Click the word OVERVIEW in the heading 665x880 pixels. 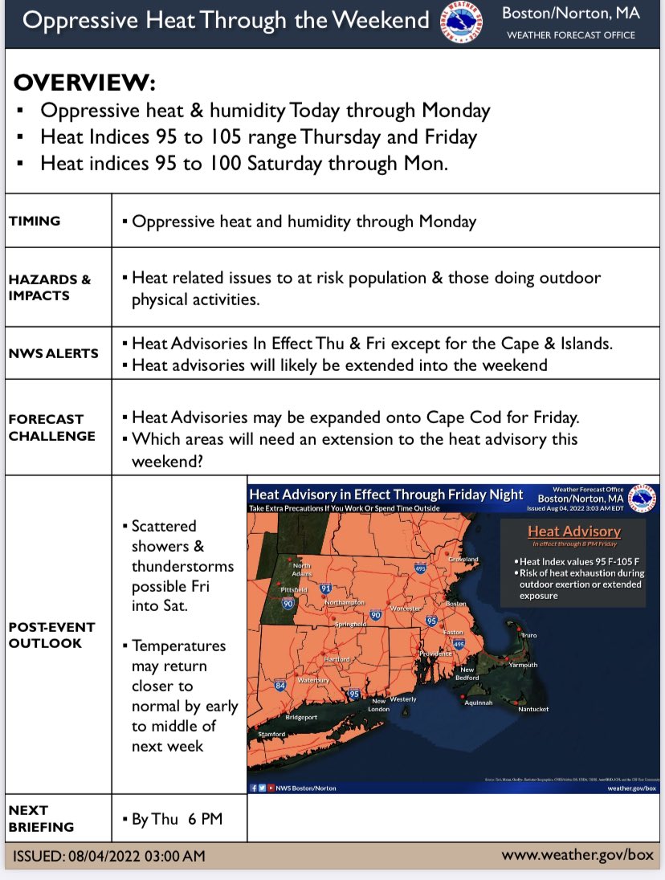click(84, 84)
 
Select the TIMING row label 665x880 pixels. click(35, 221)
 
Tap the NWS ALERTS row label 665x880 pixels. click(54, 352)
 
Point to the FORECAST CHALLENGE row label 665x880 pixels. click(52, 427)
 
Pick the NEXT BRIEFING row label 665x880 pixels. click(41, 818)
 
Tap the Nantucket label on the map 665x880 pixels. click(533, 709)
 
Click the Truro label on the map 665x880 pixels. click(528, 635)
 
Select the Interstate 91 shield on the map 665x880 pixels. click(326, 588)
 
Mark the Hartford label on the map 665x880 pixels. click(337, 659)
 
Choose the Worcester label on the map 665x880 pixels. click(406, 609)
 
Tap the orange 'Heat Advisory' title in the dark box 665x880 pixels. click(573, 531)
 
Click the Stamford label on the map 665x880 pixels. click(271, 734)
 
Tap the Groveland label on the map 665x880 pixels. click(463, 559)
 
